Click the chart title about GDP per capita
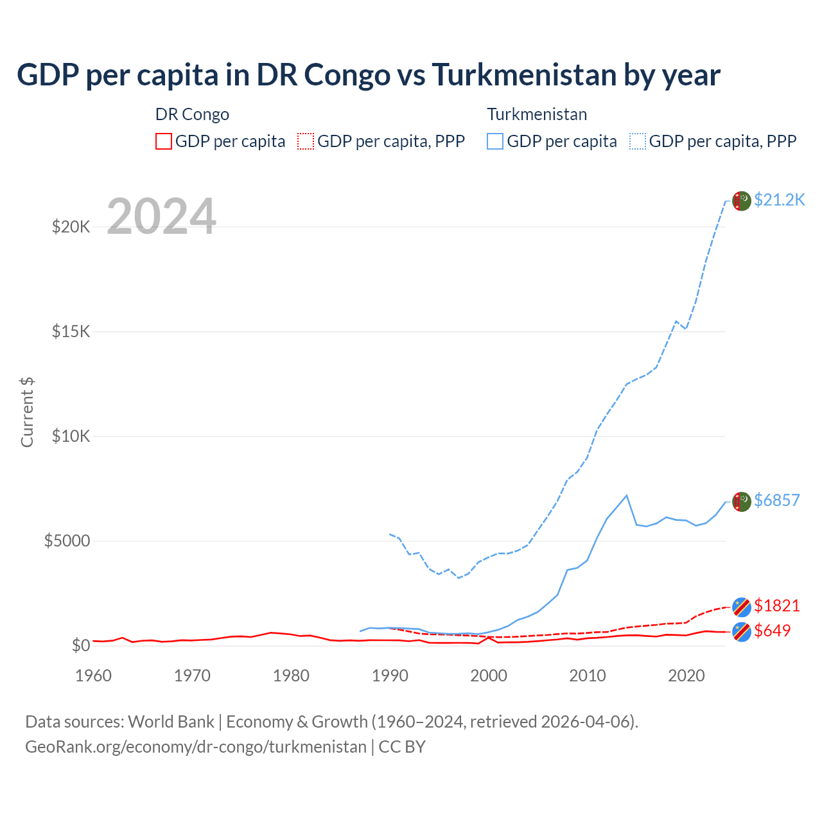[x=369, y=75]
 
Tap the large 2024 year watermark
[x=161, y=217]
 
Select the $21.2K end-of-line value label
[x=779, y=200]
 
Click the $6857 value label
[x=776, y=500]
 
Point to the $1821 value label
[x=776, y=606]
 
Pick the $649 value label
[x=772, y=631]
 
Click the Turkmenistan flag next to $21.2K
[x=742, y=201]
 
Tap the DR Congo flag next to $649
[x=742, y=632]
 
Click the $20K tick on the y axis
[x=71, y=227]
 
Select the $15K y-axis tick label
[x=71, y=331]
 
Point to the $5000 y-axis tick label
[x=67, y=541]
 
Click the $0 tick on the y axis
[x=80, y=645]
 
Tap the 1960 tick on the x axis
[x=94, y=676]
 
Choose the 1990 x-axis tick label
[x=390, y=676]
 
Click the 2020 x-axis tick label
[x=686, y=676]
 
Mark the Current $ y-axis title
[x=27, y=412]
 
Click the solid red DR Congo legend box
[x=164, y=141]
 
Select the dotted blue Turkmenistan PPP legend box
[x=638, y=141]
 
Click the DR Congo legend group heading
[x=192, y=114]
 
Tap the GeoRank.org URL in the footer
[x=196, y=747]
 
